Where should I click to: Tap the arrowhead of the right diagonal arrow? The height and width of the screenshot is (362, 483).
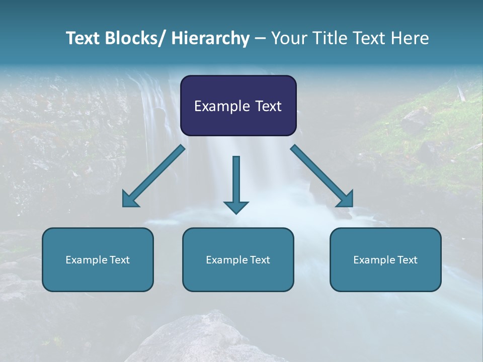click(x=345, y=199)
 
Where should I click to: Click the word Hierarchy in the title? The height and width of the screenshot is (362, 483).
click(x=210, y=38)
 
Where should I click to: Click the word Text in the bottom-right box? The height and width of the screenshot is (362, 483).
click(x=407, y=260)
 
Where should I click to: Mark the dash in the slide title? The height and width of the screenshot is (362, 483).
click(x=260, y=39)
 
